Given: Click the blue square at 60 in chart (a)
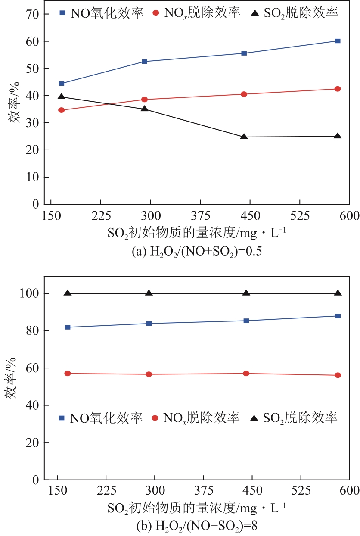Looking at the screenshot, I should [x=338, y=41].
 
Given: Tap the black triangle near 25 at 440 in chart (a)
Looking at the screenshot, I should [x=244, y=137].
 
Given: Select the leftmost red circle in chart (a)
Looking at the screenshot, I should [x=61, y=110].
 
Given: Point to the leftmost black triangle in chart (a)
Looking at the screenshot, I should [x=61, y=97].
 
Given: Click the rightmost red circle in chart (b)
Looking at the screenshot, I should [x=338, y=375].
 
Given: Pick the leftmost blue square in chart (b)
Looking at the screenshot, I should [x=68, y=327].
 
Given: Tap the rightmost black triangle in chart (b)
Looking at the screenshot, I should [x=338, y=293].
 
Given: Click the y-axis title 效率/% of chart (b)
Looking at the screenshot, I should [x=12, y=386].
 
